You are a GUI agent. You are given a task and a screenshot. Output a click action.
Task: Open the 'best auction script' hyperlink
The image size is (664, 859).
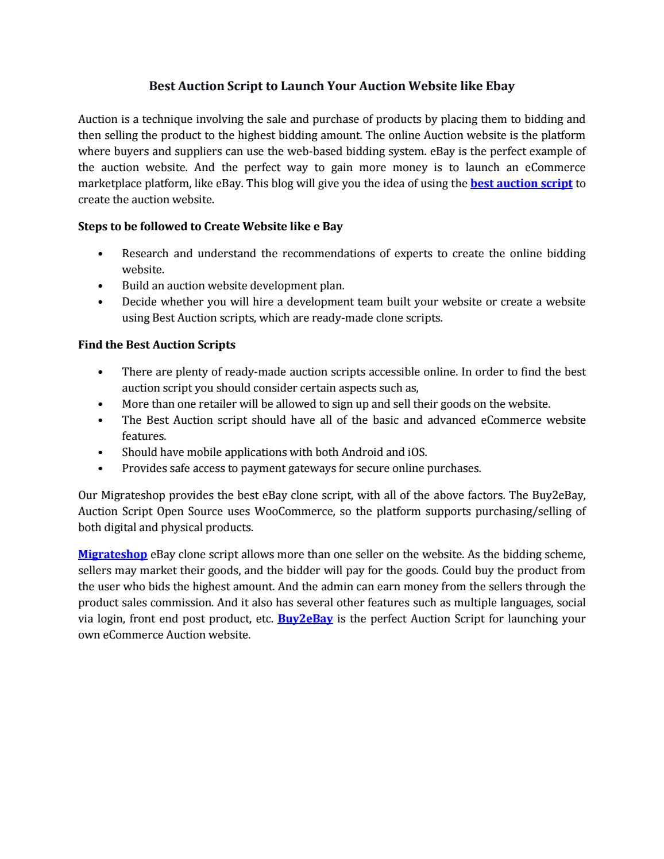coord(521,184)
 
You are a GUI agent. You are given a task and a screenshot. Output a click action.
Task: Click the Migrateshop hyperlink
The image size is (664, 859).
coord(113,555)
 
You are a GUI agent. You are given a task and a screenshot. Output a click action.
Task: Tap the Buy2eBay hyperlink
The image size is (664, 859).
coord(305,619)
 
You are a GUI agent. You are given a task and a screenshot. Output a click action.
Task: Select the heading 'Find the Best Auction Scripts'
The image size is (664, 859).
coord(157,345)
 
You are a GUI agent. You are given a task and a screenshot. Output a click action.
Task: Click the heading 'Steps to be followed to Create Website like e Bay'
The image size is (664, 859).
coord(210,227)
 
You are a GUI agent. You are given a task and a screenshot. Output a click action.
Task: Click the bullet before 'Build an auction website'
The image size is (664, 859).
coord(101,286)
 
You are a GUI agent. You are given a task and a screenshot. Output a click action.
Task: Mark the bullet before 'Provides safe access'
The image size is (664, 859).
coord(101,469)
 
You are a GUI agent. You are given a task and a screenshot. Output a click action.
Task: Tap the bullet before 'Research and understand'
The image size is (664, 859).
coord(101,254)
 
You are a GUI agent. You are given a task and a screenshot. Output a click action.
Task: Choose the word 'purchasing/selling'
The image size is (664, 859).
coord(519,512)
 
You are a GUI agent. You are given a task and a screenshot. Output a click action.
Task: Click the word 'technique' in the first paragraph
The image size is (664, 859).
coord(167,119)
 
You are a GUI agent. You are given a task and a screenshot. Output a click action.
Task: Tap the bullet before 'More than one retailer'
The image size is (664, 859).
coord(101,404)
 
